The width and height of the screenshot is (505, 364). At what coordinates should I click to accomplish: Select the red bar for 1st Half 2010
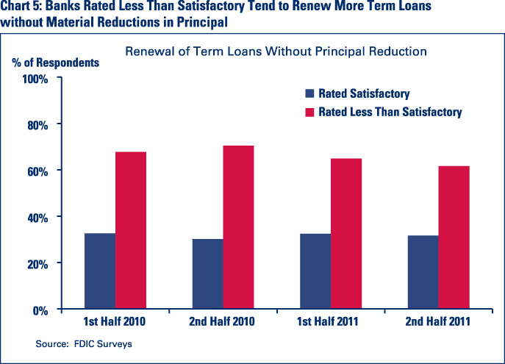(131, 230)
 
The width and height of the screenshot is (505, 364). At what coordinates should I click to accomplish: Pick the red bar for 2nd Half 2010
(239, 227)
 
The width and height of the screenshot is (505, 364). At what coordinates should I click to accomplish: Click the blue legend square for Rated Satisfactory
(310, 94)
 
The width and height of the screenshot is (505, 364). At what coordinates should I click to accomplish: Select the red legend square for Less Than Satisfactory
(310, 113)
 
